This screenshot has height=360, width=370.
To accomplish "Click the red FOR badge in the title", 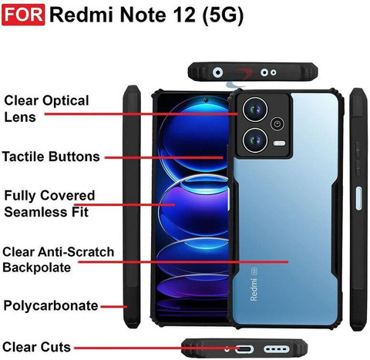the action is (23, 15).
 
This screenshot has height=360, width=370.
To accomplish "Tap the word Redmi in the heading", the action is (82, 15).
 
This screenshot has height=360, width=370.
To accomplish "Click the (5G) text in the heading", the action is (223, 15).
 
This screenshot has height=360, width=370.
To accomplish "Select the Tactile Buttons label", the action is (51, 156).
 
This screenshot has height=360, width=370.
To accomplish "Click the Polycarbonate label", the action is (51, 306).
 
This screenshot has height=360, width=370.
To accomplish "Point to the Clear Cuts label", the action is (36, 347).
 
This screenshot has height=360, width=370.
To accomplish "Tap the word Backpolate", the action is (37, 267).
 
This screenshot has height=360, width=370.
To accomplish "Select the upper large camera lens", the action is (255, 109).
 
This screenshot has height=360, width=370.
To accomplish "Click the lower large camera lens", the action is (255, 140).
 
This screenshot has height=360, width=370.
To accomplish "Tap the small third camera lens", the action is (277, 124).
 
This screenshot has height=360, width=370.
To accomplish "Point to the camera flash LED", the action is (279, 143).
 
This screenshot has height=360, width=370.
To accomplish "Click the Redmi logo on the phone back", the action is (254, 289).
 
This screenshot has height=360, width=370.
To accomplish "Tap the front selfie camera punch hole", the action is (206, 100).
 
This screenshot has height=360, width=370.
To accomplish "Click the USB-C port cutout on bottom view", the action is (244, 349).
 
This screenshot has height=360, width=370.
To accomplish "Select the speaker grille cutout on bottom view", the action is (277, 349).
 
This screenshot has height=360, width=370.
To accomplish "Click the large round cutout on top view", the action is (217, 72).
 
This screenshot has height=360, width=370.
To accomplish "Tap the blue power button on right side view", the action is (358, 198).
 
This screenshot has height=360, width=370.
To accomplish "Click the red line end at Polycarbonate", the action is (127, 307).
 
